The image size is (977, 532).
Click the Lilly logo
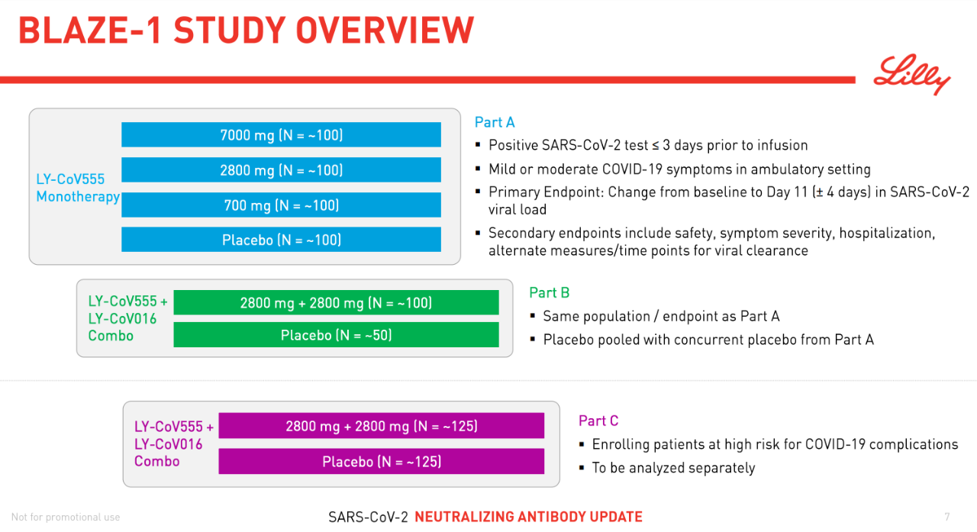(x=911, y=75)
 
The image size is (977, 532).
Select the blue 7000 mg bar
(x=281, y=135)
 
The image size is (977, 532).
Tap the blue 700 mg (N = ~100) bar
(x=281, y=205)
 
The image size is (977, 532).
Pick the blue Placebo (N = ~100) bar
(x=281, y=240)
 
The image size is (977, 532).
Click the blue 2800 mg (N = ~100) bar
(x=281, y=169)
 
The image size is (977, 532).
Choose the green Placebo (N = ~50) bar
(x=336, y=335)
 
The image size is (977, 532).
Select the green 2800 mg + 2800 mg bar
(x=336, y=302)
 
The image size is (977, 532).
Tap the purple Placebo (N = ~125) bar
(x=381, y=461)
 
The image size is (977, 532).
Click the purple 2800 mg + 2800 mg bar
(x=381, y=426)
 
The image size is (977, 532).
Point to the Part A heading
(x=495, y=122)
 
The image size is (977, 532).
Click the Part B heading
(x=549, y=292)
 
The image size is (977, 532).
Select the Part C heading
(x=598, y=421)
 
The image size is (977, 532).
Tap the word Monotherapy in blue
(x=78, y=197)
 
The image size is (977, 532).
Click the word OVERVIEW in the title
(x=385, y=31)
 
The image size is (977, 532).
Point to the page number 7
(x=947, y=517)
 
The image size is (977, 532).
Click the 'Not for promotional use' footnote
(x=66, y=517)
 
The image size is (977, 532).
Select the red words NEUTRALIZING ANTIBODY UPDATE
(x=528, y=517)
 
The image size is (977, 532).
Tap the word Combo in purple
(x=156, y=461)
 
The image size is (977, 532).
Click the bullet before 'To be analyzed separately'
(x=582, y=468)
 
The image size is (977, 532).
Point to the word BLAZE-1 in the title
(x=90, y=31)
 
